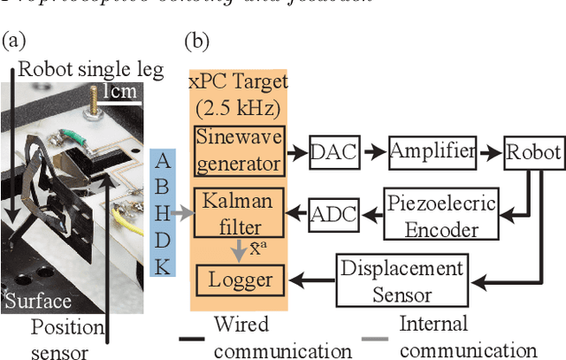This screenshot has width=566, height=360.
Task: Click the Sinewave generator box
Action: (x=239, y=150)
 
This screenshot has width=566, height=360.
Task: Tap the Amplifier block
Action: (x=432, y=153)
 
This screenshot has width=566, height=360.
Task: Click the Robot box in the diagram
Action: (x=533, y=153)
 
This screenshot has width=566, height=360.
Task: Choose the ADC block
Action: (x=332, y=212)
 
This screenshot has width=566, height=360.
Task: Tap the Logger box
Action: (x=239, y=280)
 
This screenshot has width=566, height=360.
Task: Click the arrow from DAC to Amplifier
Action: (x=371, y=153)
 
